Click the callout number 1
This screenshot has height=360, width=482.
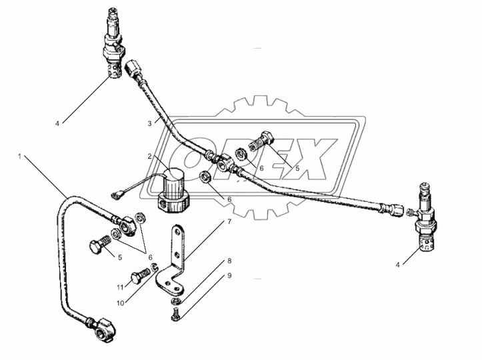[19, 157]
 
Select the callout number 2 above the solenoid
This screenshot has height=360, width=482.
[150, 157]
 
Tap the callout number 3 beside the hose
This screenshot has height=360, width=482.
[150, 123]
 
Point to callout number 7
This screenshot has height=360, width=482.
[229, 221]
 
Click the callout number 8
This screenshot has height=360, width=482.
[229, 261]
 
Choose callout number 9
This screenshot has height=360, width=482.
[229, 276]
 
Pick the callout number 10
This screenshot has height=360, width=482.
[121, 303]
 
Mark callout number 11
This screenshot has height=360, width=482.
[120, 287]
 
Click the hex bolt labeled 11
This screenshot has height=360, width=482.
[141, 275]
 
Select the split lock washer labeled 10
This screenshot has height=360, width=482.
[154, 267]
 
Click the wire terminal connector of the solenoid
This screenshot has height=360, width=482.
[115, 194]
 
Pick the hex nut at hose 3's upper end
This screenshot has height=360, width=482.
[133, 67]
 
